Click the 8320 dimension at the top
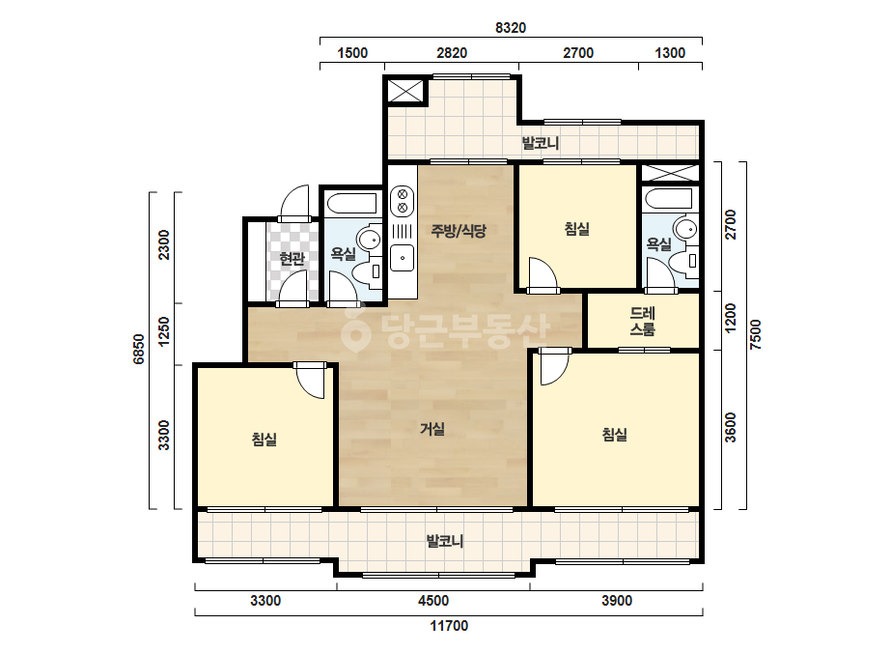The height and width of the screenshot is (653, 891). tap(511, 27)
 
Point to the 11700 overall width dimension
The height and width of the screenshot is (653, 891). tap(449, 626)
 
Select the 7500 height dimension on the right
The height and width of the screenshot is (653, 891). tap(755, 334)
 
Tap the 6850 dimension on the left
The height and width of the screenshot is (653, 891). tap(139, 349)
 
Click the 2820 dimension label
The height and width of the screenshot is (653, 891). tap(452, 53)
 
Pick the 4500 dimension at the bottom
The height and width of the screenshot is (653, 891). tap(433, 601)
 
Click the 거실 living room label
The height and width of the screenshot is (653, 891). tap(432, 429)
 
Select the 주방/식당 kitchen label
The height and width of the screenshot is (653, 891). tap(459, 230)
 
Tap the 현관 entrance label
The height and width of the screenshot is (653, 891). tap(292, 259)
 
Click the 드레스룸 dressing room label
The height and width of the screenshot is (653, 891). tap(643, 322)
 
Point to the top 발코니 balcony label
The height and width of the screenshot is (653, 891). tap(541, 143)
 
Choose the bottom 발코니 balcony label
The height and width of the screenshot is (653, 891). tap(445, 540)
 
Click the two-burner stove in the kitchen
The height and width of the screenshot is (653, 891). tap(403, 201)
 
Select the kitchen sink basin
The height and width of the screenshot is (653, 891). tap(403, 258)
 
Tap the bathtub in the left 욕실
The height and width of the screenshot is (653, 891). tap(350, 203)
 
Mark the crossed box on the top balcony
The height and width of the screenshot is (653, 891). tap(405, 91)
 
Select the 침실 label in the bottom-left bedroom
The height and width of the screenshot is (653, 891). tap(265, 440)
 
